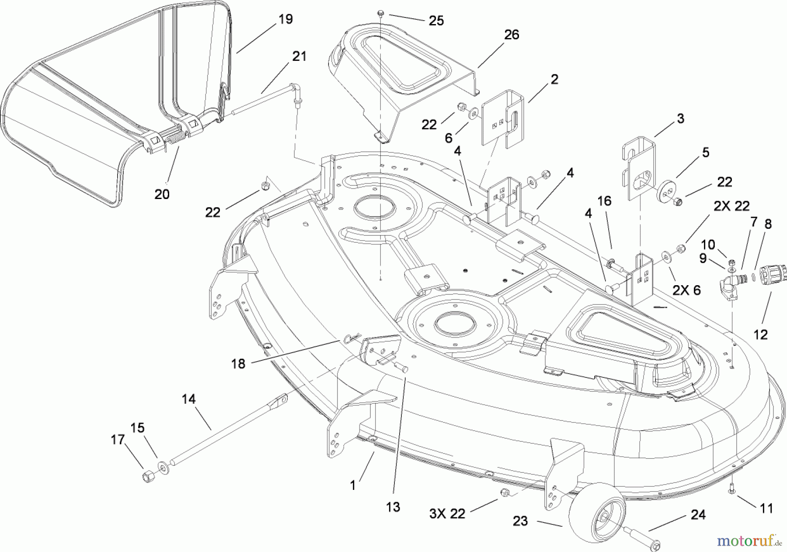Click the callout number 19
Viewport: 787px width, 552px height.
[x=286, y=19]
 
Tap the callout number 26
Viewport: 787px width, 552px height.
[x=512, y=35]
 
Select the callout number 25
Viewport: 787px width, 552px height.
[x=436, y=21]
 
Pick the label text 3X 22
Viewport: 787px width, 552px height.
[x=446, y=514]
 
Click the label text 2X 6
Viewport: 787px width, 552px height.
[x=686, y=290]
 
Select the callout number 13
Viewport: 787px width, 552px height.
[x=393, y=507]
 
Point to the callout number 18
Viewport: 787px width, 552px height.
[x=238, y=363]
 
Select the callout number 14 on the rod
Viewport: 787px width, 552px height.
[x=189, y=399]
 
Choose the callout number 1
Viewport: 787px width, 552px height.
[x=353, y=486]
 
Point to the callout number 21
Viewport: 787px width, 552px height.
[x=299, y=56]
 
